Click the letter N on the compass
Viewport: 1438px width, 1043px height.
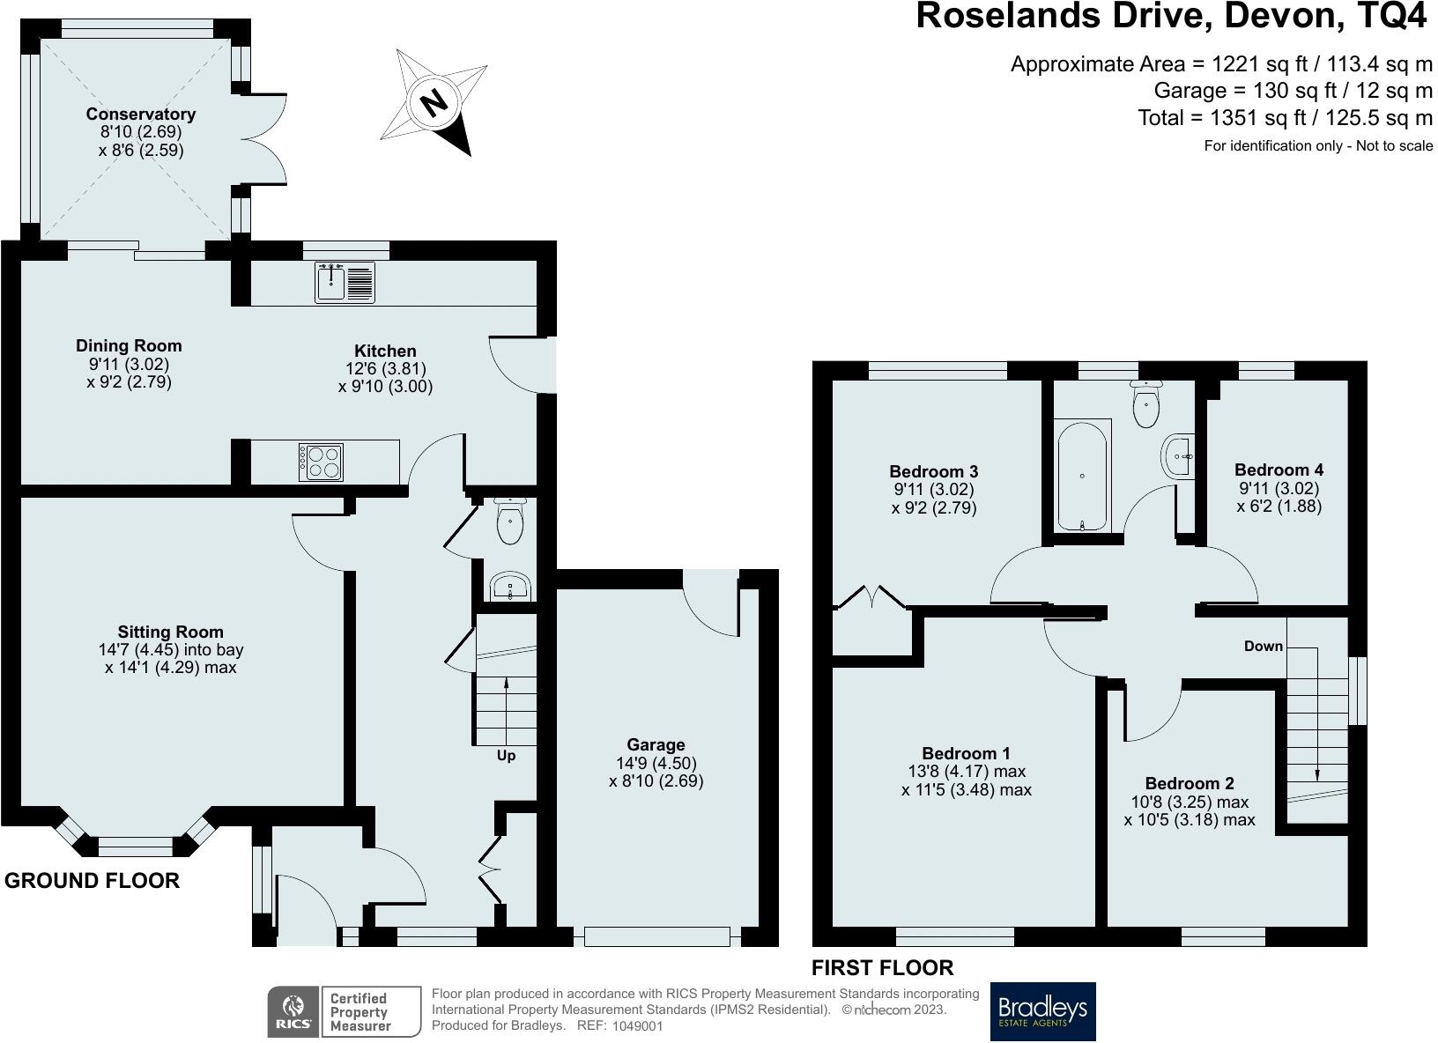pos(434,102)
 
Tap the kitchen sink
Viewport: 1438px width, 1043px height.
pos(345,283)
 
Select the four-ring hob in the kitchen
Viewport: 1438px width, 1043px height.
pos(321,462)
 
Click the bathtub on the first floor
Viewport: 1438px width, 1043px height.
pos(1082,476)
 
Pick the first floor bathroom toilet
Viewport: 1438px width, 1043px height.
pos(1146,403)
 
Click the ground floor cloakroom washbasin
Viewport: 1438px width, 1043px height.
pos(511,587)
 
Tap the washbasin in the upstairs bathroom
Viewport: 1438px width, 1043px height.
pos(1177,456)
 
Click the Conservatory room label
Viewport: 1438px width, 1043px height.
pos(141,115)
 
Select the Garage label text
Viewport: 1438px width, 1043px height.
pos(656,744)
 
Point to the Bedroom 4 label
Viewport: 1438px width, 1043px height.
pos(1279,470)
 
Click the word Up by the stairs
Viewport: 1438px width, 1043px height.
pos(506,756)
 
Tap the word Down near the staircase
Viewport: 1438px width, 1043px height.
pos(1264,647)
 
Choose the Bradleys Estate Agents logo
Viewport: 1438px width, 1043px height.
pos(1043,1011)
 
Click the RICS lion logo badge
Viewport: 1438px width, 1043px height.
pos(293,1012)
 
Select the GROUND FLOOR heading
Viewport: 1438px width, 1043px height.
pos(93,881)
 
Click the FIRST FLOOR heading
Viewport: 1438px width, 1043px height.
pos(883,968)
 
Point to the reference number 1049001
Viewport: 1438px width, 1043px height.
pos(637,1025)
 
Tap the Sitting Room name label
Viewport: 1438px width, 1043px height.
pos(171,632)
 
